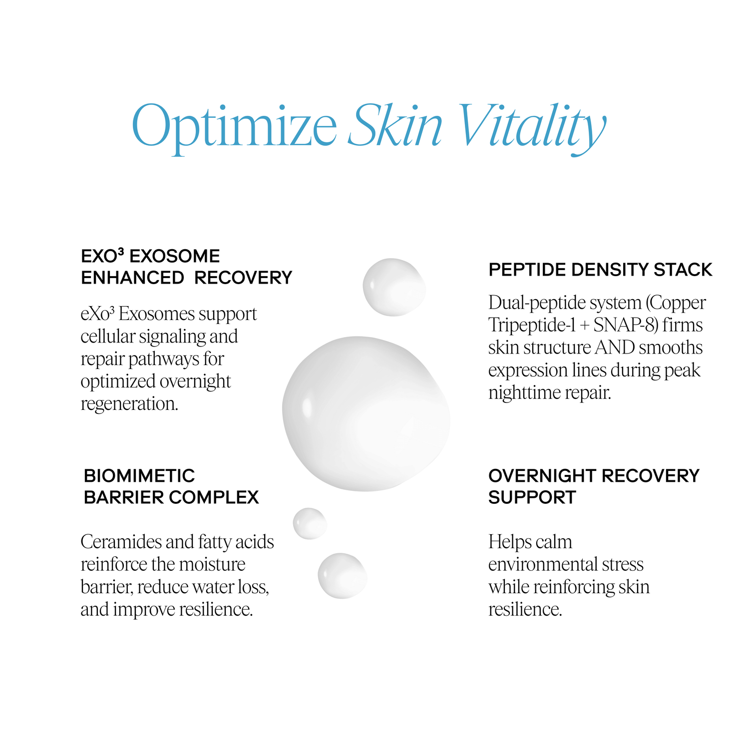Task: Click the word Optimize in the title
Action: coord(234,126)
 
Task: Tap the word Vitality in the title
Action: coord(531,126)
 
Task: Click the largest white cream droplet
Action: coord(366,413)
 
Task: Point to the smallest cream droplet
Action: coord(310,523)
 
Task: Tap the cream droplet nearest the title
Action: coord(393,287)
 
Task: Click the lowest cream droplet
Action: coord(343,575)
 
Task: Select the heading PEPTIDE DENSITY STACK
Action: coord(600,270)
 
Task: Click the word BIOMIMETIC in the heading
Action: coord(139,476)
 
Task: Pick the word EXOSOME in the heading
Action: coord(175,256)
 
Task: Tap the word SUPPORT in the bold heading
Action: coord(532,497)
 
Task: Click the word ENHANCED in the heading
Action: coord(132,278)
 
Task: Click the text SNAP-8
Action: coord(624,325)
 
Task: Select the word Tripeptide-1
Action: coord(532,326)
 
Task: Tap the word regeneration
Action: coord(129,403)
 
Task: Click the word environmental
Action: coord(535,564)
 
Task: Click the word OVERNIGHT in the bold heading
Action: coord(543,476)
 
